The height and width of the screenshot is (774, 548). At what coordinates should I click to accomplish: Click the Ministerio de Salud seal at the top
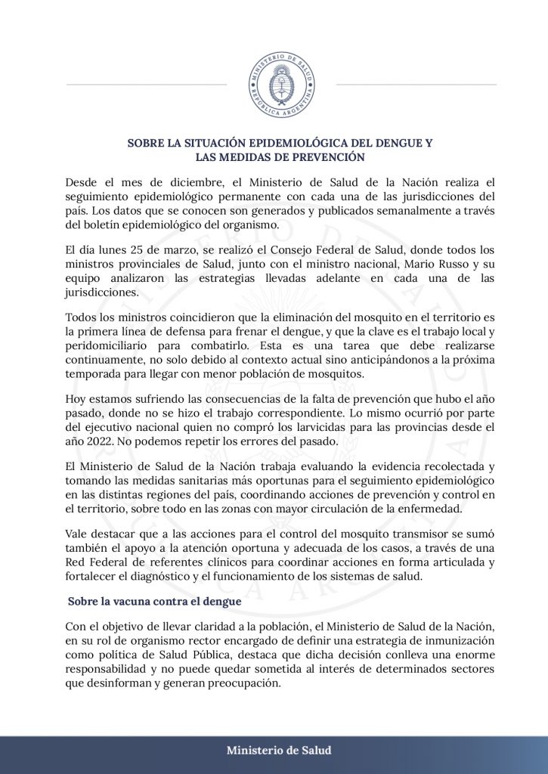281,84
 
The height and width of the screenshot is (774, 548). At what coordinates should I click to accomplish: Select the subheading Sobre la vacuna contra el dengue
154,602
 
